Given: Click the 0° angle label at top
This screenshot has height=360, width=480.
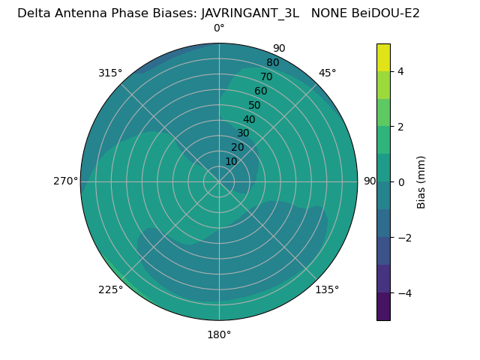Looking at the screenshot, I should [219, 28].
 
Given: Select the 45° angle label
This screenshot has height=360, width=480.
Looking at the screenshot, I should [328, 73].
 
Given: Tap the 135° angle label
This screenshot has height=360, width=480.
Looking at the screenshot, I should [328, 290].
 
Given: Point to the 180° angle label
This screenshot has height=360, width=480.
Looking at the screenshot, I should [219, 334].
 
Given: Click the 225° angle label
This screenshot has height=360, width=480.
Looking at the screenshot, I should [110, 290].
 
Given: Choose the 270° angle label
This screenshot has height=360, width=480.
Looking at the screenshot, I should [65, 181].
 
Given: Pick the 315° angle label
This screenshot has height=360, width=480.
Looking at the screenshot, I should [110, 73].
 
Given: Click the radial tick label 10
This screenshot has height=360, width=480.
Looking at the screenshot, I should [231, 161].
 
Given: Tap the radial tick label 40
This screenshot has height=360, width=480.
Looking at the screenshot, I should [249, 120].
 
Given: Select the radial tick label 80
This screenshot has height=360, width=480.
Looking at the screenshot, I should [272, 63].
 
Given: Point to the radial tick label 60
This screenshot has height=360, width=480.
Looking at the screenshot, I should [260, 91].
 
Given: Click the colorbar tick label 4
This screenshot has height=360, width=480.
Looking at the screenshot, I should [400, 71].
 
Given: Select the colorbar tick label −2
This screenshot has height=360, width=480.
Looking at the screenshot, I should [403, 238].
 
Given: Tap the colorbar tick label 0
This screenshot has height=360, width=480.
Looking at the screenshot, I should [400, 182].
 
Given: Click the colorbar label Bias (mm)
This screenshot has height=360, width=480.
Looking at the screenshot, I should [421, 182].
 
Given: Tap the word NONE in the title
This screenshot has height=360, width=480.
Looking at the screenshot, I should [327, 13].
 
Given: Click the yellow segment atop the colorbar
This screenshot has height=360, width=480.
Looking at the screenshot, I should [383, 57].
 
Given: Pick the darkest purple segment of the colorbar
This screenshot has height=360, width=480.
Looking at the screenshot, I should [383, 307].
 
